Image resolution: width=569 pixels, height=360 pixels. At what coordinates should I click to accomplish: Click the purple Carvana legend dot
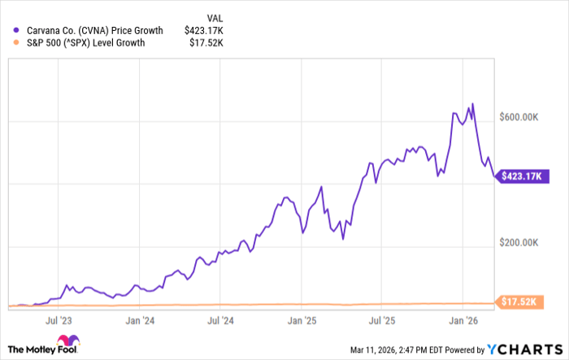point(15,30)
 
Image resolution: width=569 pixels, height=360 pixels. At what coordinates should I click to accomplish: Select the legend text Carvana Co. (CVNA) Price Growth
point(85,30)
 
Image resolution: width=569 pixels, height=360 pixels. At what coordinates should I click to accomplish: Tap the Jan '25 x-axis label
point(303,320)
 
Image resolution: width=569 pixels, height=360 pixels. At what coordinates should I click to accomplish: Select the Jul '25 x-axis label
point(384,320)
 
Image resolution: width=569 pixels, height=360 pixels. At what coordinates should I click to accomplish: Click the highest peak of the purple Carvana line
point(472,104)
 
